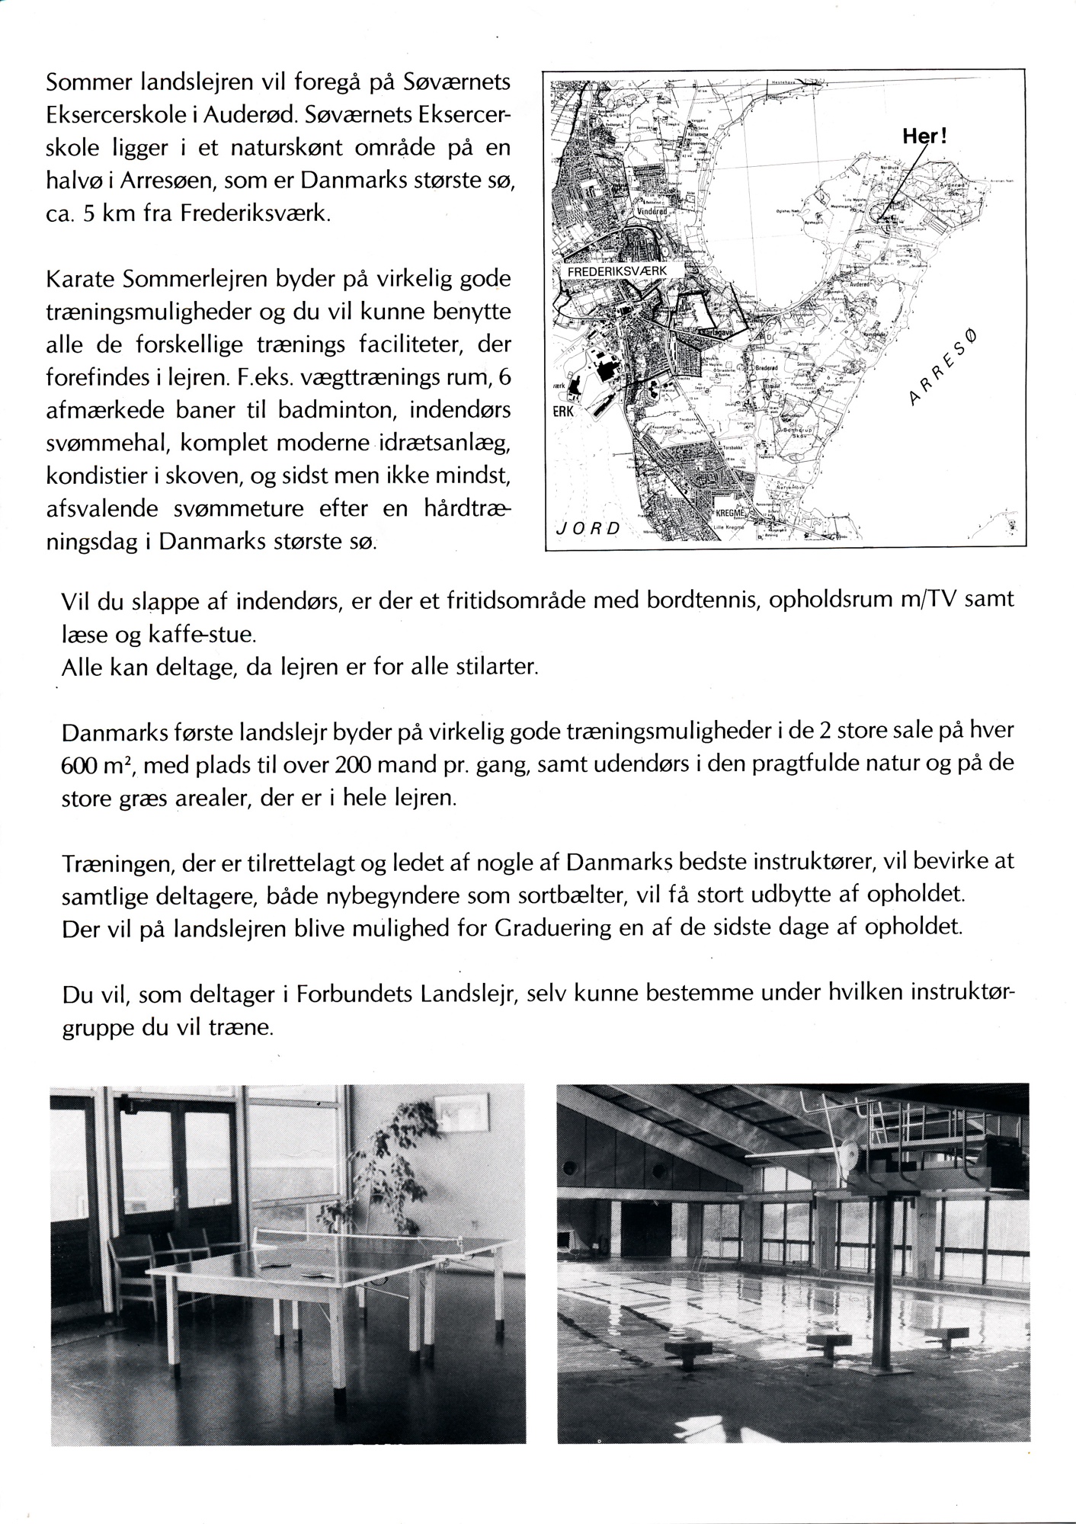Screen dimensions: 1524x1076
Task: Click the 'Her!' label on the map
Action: pyautogui.click(x=924, y=136)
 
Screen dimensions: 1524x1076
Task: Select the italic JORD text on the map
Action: pyautogui.click(x=586, y=527)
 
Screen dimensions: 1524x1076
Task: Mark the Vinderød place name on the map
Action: pyautogui.click(x=653, y=209)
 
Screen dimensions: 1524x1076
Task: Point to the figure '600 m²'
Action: pyautogui.click(x=96, y=764)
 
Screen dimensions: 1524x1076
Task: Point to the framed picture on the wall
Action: pyautogui.click(x=456, y=1114)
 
